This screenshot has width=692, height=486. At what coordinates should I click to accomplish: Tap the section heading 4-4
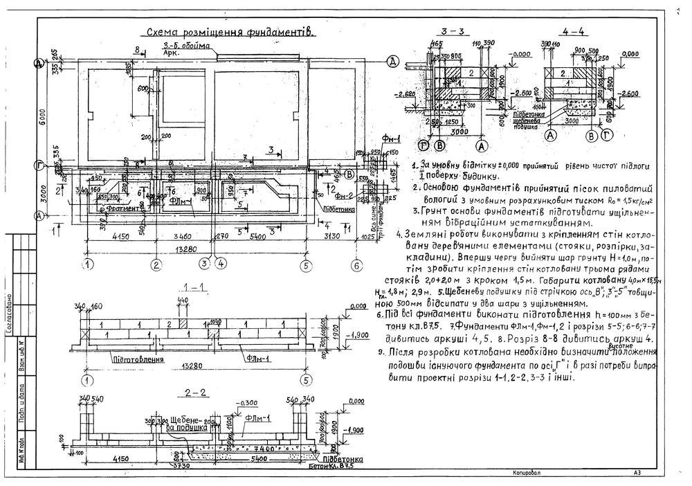[573, 32]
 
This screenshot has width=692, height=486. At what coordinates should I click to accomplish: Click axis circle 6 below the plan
[356, 264]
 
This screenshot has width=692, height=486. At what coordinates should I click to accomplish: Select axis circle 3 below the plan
[205, 264]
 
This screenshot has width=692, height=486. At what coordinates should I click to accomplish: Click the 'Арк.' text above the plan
[171, 52]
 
